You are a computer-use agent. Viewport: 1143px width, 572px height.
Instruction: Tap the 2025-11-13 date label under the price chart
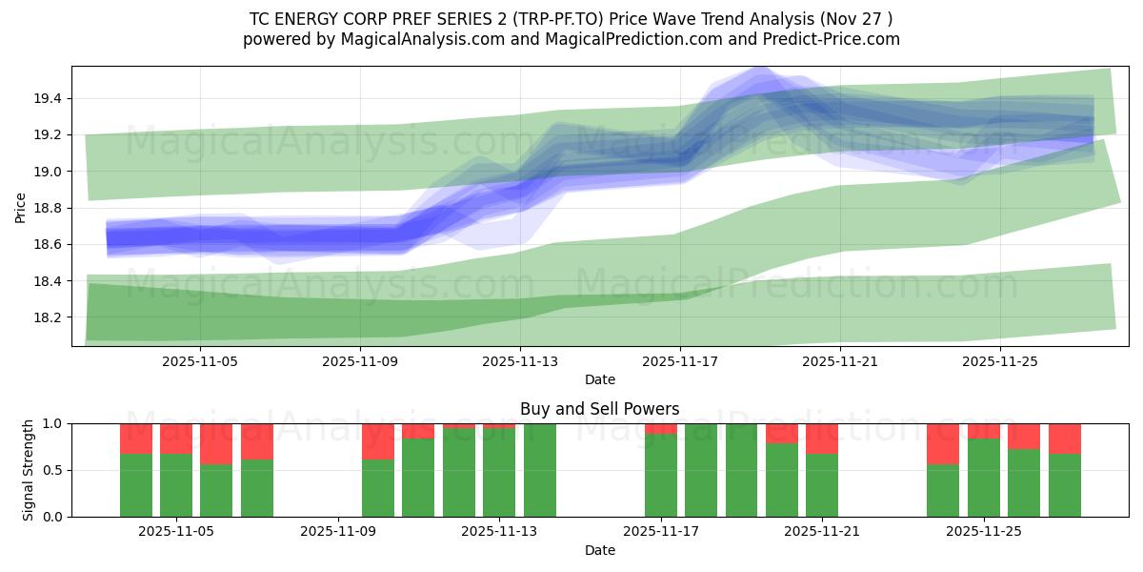click(x=519, y=362)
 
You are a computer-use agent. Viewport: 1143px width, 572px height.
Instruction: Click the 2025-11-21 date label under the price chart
click(x=840, y=362)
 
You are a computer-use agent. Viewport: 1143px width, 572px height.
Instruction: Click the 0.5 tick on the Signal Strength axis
click(x=53, y=470)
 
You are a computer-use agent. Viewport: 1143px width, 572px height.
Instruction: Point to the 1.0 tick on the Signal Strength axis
click(x=53, y=423)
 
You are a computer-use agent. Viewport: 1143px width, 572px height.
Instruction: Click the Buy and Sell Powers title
click(x=599, y=409)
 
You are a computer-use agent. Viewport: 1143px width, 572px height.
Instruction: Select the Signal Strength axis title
click(x=29, y=470)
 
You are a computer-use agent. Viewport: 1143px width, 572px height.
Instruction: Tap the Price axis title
click(x=21, y=206)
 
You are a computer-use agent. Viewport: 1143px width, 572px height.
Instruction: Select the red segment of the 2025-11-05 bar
click(x=176, y=439)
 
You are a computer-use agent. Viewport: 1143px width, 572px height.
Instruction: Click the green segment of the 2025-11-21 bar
click(x=821, y=485)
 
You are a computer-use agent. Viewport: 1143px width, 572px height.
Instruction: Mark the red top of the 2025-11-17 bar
click(x=660, y=428)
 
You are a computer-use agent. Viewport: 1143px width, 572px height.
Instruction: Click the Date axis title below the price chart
click(x=599, y=379)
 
